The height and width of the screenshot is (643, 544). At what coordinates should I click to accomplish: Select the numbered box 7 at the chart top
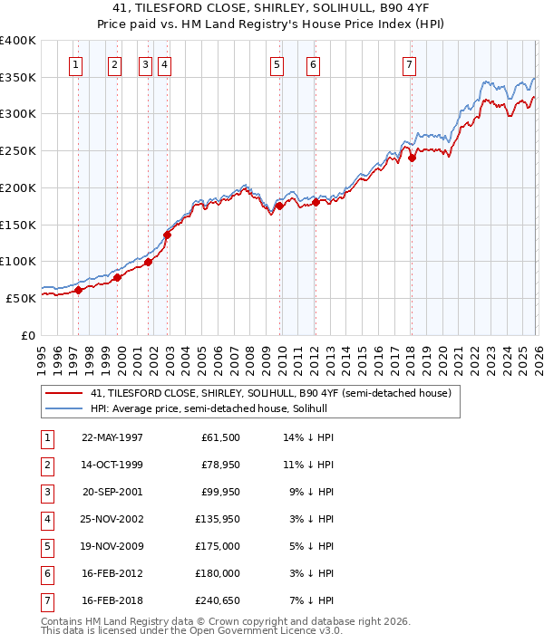[409, 64]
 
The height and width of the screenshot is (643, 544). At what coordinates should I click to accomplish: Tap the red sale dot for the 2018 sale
[412, 158]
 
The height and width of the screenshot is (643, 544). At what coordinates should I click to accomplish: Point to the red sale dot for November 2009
[280, 206]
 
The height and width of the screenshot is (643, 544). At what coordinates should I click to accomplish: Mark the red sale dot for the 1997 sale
[78, 290]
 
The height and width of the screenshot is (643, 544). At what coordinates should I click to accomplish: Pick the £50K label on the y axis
[21, 298]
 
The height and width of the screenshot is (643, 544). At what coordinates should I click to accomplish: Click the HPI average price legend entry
[214, 408]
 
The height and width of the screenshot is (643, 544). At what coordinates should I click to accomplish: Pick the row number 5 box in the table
[46, 546]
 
